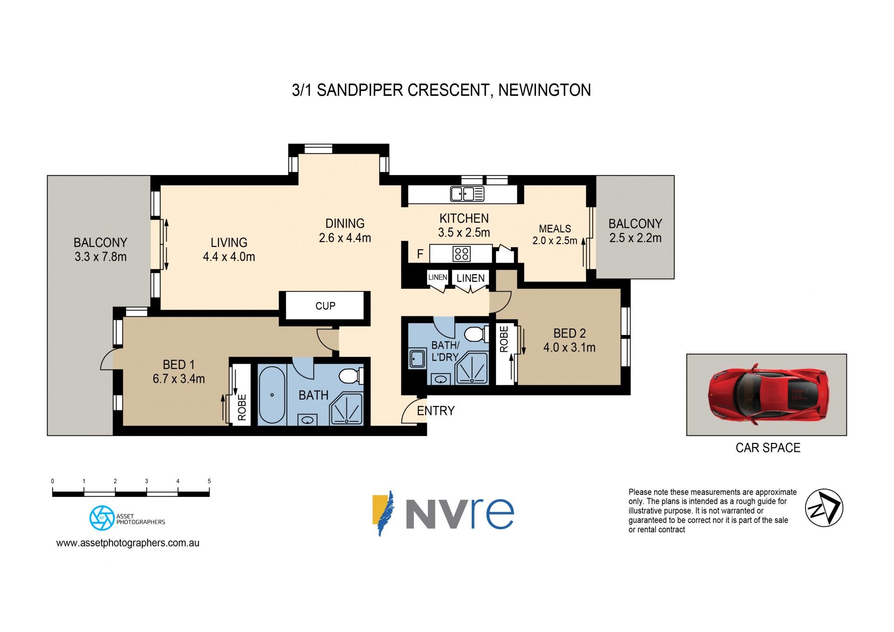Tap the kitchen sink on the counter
(467, 194)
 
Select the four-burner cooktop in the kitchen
(461, 254)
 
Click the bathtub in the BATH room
(271, 395)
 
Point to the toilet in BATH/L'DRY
(477, 334)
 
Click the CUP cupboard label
(325, 306)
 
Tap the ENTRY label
(436, 411)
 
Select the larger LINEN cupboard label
(471, 278)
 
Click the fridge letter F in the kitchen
(420, 254)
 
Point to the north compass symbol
(824, 508)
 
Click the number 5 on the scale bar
(209, 481)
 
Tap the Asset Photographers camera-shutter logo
(102, 518)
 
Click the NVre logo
(443, 513)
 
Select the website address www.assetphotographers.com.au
(128, 543)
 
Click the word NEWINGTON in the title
(544, 90)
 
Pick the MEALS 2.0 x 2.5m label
(555, 235)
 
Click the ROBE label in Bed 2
(504, 339)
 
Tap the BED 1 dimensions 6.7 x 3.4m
(179, 379)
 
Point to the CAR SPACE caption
(768, 448)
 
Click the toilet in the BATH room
(352, 375)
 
